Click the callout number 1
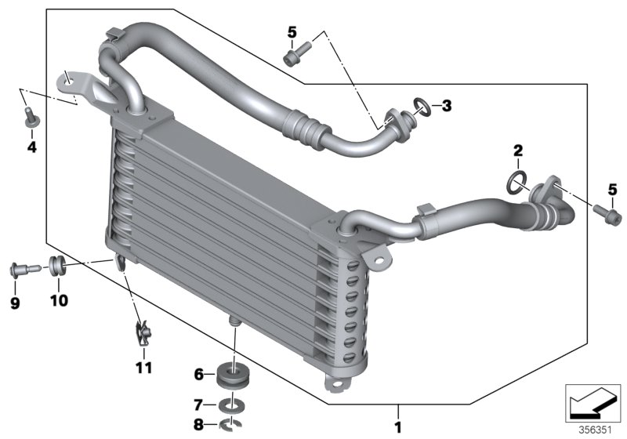tap(397, 428)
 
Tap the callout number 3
tap(446, 105)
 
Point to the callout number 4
tap(31, 147)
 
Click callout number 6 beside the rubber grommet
tap(198, 375)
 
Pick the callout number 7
tap(198, 405)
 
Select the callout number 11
tap(143, 366)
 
